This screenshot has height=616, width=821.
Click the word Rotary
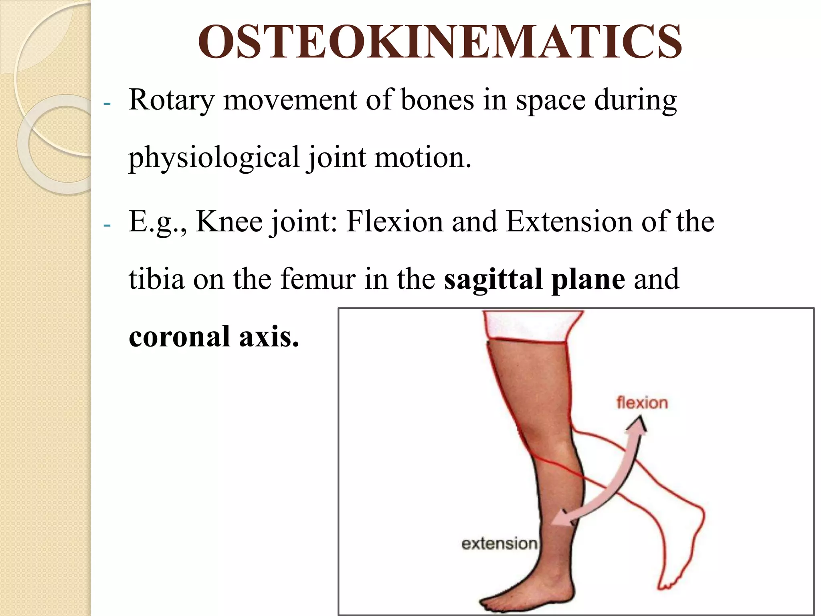coord(171,100)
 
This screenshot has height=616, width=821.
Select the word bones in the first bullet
coord(437,100)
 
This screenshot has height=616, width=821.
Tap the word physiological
coord(214,158)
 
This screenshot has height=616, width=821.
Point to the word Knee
coord(229,221)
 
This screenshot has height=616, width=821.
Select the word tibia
coord(156,279)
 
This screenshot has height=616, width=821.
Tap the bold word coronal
coord(179,336)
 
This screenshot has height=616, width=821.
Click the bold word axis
coord(269,336)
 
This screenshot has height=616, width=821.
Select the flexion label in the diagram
coord(642,403)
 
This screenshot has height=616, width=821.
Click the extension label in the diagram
coord(499,544)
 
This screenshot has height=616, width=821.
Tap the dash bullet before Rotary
coord(107,103)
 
